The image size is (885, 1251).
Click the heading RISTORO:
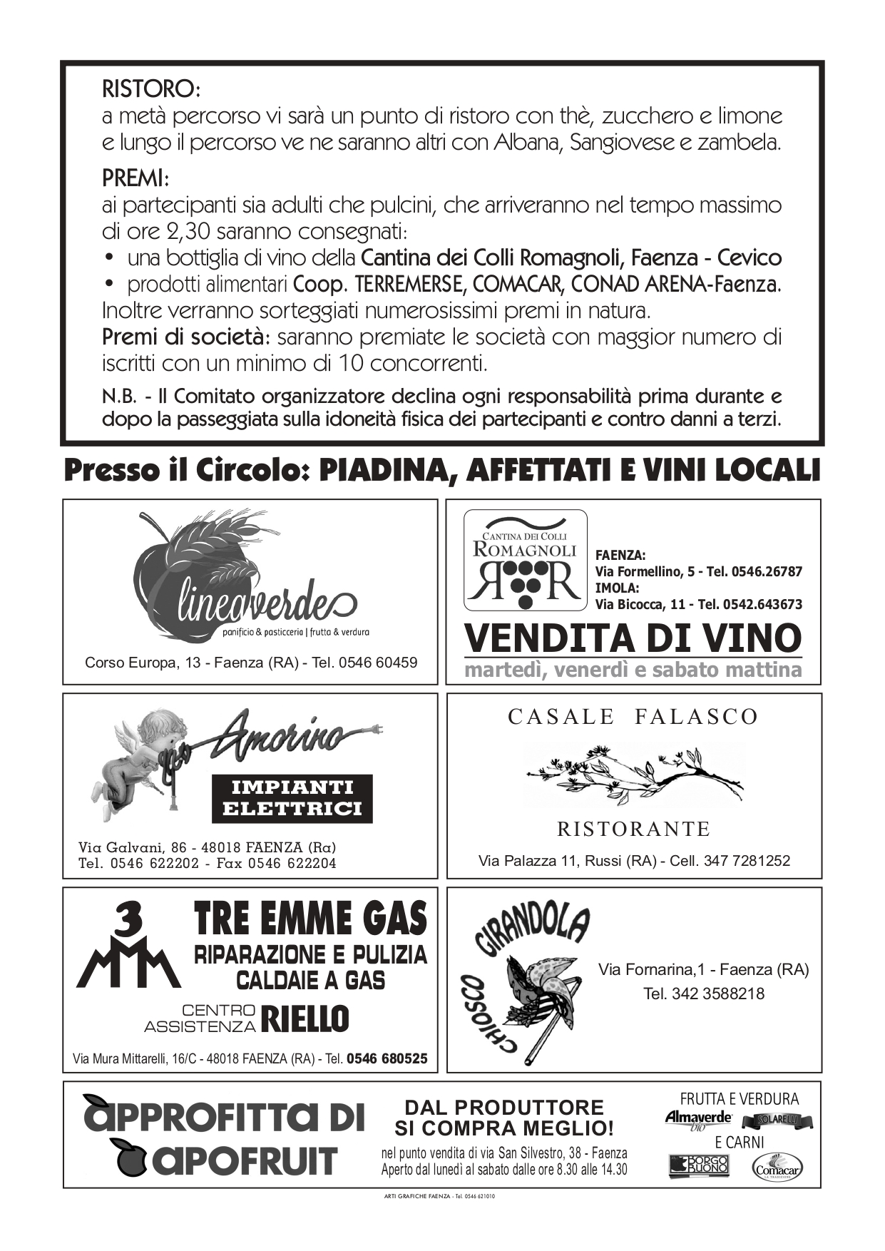pos(151,89)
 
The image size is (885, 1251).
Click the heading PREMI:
pos(135,178)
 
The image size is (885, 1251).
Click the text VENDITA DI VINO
pos(633,638)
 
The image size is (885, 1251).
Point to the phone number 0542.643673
pos(762,605)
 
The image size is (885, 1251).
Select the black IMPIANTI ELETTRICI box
pos(292,798)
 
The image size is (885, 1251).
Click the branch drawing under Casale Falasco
pos(633,774)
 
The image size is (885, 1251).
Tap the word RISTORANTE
pos(633,829)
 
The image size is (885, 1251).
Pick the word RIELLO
pos(305,1019)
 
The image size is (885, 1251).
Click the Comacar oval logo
pos(777,1168)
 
